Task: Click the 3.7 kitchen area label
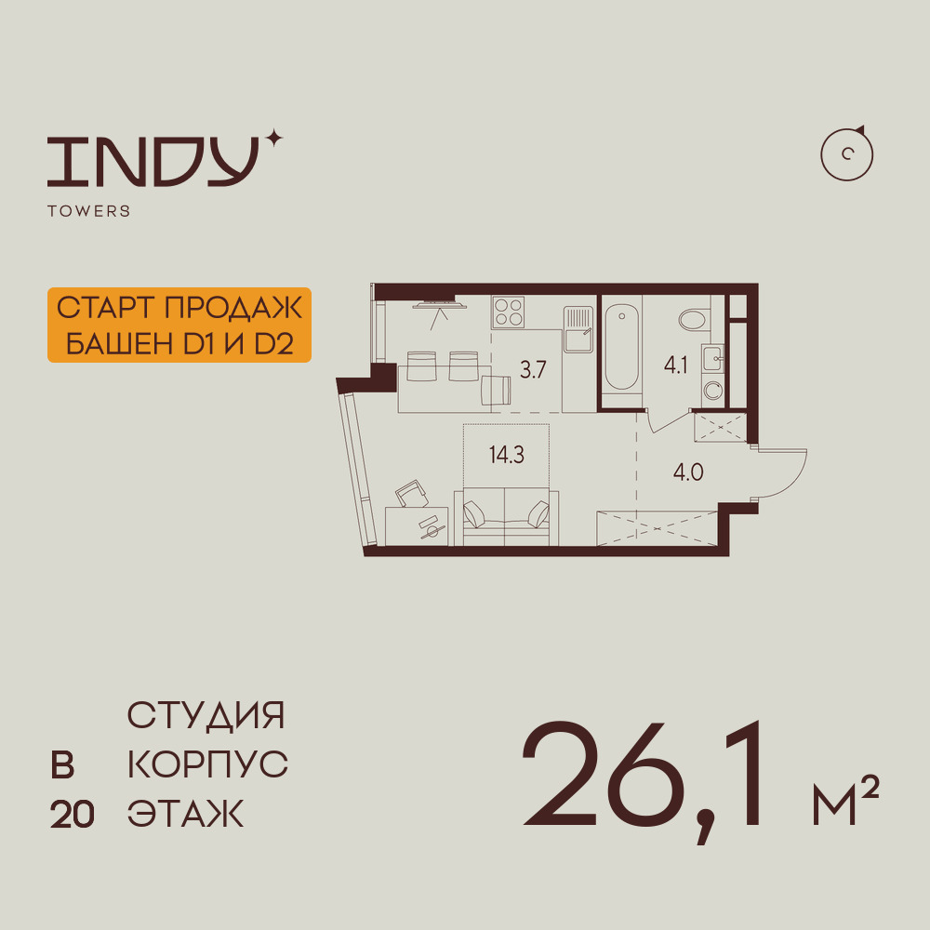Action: (533, 369)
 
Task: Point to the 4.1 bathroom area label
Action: (675, 365)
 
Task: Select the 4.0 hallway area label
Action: (688, 472)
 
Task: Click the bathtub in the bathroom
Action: (620, 350)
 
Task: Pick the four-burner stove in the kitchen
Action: (509, 311)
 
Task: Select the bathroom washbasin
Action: (712, 355)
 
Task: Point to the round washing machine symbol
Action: (713, 391)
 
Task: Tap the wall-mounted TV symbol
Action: (437, 302)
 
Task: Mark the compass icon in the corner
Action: (847, 154)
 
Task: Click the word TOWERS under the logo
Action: (88, 211)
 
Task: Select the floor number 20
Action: (73, 815)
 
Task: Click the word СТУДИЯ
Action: (206, 716)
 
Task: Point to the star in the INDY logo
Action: (272, 139)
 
